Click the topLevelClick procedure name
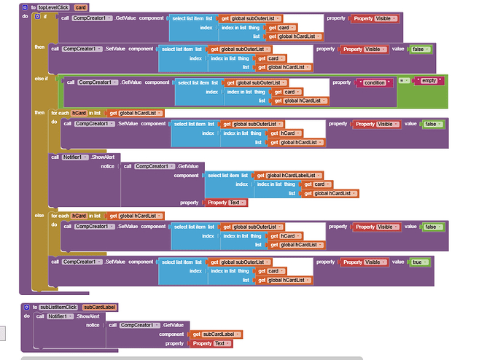coord(52,7)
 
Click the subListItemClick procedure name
coord(58,308)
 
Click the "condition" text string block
coord(373,82)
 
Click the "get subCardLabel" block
coord(216,334)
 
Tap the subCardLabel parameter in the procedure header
coord(99,308)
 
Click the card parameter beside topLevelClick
coord(80,7)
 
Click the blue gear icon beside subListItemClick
coord(26,308)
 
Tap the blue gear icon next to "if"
coord(38,16)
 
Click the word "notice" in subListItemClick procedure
coord(93,325)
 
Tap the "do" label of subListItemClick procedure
coord(27,316)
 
